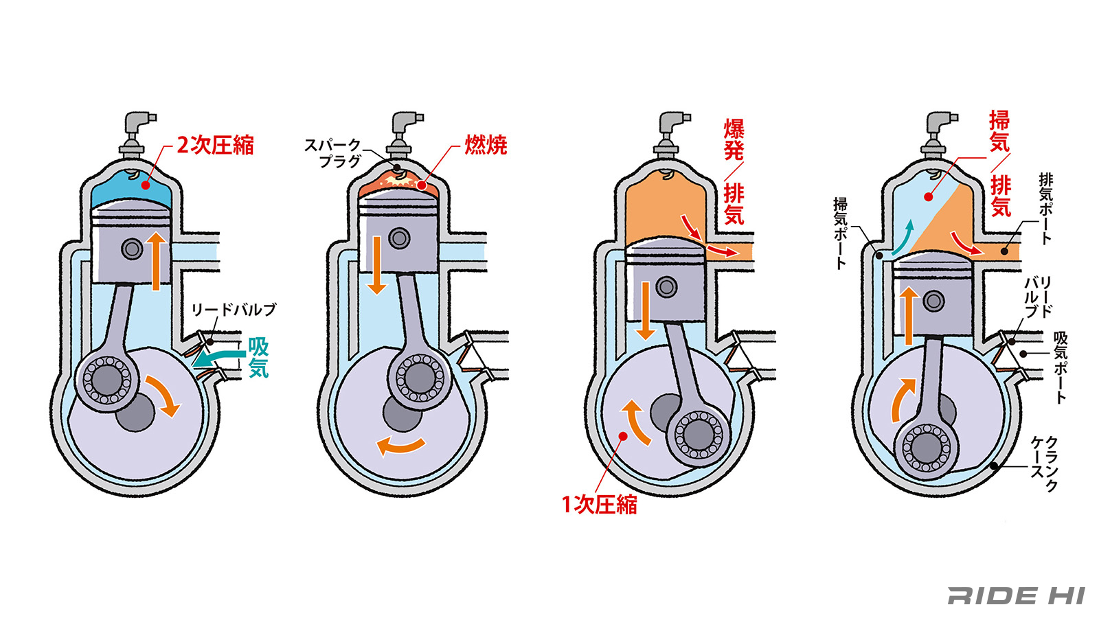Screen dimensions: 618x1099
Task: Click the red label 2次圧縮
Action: [215, 145]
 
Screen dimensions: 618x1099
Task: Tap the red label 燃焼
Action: [486, 145]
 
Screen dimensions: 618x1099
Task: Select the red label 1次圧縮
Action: [599, 505]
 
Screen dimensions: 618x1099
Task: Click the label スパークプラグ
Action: [332, 153]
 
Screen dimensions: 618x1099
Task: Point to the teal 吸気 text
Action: [258, 357]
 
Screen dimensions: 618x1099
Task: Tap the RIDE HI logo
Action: [1016, 595]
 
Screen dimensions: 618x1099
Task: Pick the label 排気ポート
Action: [1045, 208]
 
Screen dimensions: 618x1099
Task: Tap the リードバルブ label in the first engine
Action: [234, 310]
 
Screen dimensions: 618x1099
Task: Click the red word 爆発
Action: [734, 139]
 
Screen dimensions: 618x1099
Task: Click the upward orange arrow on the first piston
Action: [157, 261]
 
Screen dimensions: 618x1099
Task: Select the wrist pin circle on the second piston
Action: [399, 238]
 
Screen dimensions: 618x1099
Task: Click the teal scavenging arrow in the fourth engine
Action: [903, 238]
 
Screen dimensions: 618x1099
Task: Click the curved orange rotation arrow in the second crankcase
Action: [402, 446]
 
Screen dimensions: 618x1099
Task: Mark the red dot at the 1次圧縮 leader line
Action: [623, 436]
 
